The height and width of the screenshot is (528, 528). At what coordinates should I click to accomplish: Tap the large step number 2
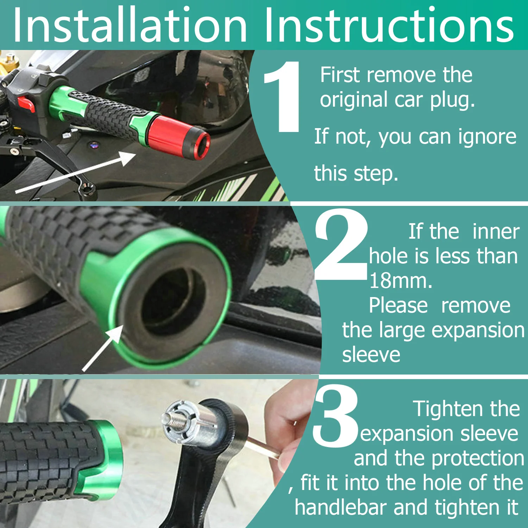pyautogui.click(x=341, y=244)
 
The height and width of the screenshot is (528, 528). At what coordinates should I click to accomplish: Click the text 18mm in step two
pyautogui.click(x=400, y=281)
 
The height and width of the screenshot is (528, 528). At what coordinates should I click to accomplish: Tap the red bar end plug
pyautogui.click(x=180, y=136)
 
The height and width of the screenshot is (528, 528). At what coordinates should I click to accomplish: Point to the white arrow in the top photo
pyautogui.click(x=76, y=172)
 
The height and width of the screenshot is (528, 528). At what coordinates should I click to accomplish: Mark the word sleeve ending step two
pyautogui.click(x=371, y=355)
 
